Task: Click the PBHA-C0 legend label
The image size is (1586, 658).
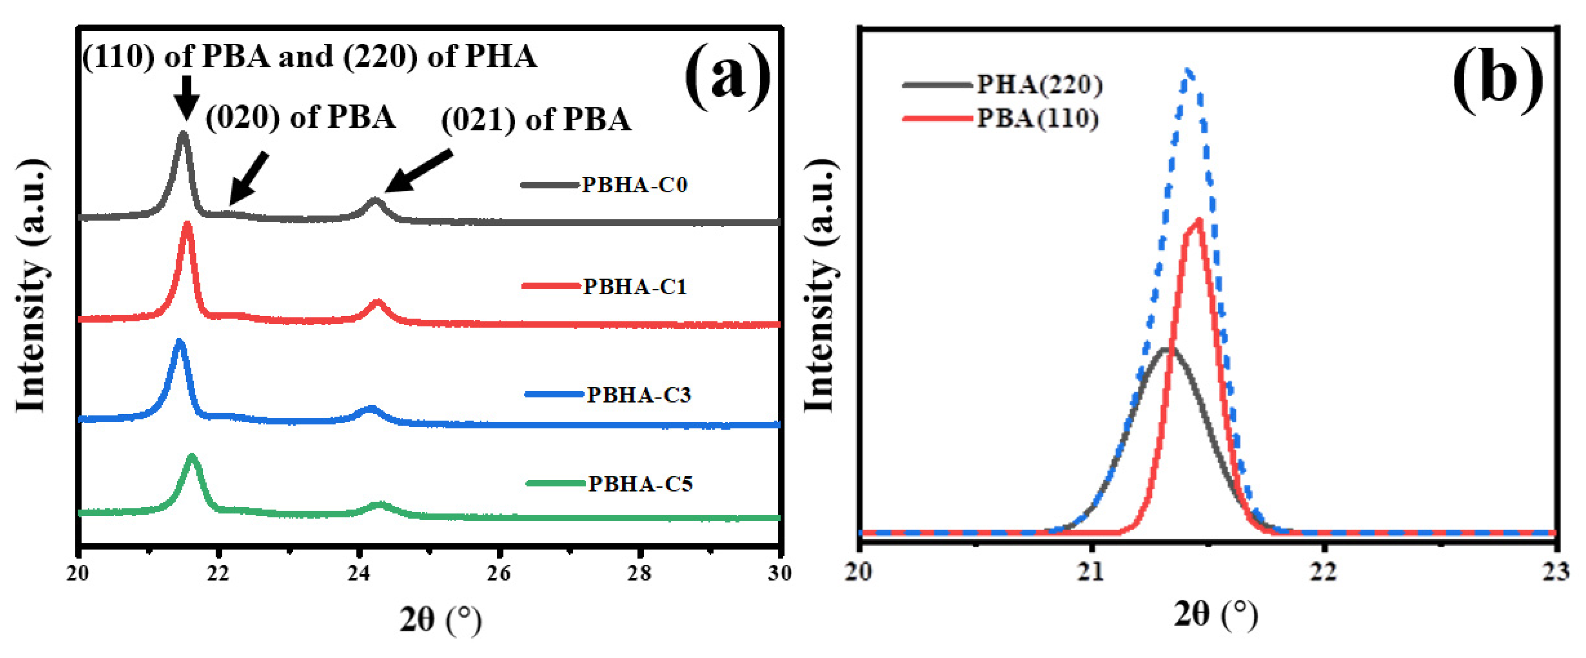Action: (634, 185)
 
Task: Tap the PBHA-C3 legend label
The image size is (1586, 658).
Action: (638, 394)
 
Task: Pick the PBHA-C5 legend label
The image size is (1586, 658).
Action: (640, 484)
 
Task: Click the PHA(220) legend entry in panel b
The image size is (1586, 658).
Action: (1039, 84)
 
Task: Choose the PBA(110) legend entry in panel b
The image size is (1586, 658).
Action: (1038, 118)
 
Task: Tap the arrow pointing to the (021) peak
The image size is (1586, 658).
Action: (419, 172)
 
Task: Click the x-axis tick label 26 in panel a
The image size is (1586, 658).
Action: (499, 574)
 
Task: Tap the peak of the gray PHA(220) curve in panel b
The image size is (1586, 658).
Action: (1165, 349)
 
